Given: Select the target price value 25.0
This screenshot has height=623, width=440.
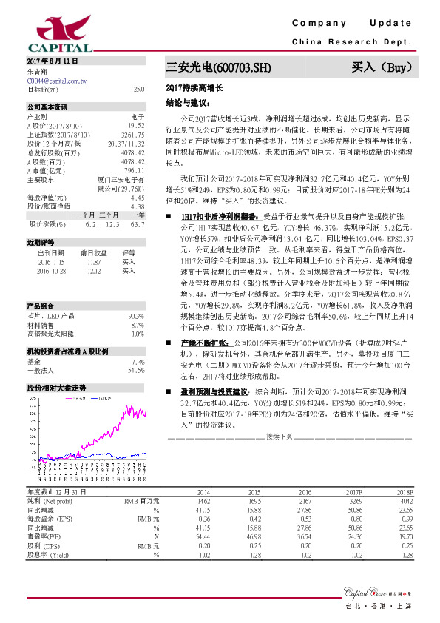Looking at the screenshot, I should pos(138,90).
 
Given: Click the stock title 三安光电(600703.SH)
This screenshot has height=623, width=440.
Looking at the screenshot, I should pos(219,68).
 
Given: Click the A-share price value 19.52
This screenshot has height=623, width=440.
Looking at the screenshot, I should pos(136,127).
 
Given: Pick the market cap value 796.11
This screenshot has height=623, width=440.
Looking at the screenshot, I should pos(134,171).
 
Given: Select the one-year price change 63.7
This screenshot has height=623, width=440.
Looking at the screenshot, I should pos(136,223).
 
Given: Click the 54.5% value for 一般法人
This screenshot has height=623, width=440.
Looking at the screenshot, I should pos(135,370).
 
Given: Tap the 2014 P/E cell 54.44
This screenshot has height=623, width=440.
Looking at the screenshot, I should pos(202,536).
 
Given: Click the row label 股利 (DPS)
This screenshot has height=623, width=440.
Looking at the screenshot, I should pos(44,545).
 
